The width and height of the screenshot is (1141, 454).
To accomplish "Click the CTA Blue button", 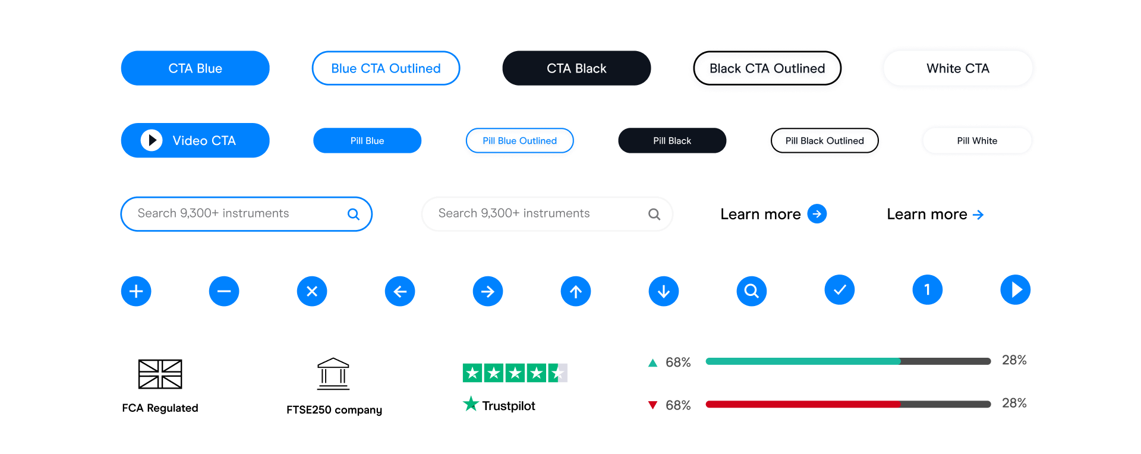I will pyautogui.click(x=195, y=68).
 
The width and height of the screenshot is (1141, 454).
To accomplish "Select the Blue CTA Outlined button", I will pyautogui.click(x=386, y=68).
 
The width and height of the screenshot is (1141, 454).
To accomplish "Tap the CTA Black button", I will pyautogui.click(x=576, y=68).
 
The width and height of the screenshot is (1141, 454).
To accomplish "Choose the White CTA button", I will pyautogui.click(x=957, y=68).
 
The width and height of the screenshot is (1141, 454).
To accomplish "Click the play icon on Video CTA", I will pyautogui.click(x=152, y=140).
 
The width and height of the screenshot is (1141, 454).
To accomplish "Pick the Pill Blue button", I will pyautogui.click(x=367, y=141).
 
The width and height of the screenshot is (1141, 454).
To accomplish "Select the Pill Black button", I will pyautogui.click(x=672, y=141).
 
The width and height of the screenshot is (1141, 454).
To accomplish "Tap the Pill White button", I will pyautogui.click(x=977, y=141).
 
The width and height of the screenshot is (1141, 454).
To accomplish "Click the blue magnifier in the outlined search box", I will pyautogui.click(x=354, y=214).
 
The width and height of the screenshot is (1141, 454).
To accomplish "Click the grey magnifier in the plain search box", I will pyautogui.click(x=654, y=214).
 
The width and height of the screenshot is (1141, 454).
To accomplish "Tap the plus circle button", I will pyautogui.click(x=136, y=291).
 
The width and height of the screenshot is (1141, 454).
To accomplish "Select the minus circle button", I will pyautogui.click(x=224, y=291).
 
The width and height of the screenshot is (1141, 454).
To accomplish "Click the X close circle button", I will pyautogui.click(x=312, y=291).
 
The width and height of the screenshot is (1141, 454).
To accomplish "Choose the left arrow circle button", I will pyautogui.click(x=400, y=291).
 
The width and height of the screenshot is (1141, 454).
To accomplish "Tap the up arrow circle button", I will pyautogui.click(x=576, y=291).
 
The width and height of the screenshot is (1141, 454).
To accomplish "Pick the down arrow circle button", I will pyautogui.click(x=664, y=291).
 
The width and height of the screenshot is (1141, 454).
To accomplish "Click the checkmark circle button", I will pyautogui.click(x=840, y=290).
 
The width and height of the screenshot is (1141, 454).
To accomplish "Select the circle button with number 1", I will pyautogui.click(x=928, y=290).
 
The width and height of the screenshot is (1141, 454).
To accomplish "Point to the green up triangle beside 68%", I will pyautogui.click(x=653, y=362).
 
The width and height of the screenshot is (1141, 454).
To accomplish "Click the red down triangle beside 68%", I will pyautogui.click(x=653, y=405).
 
